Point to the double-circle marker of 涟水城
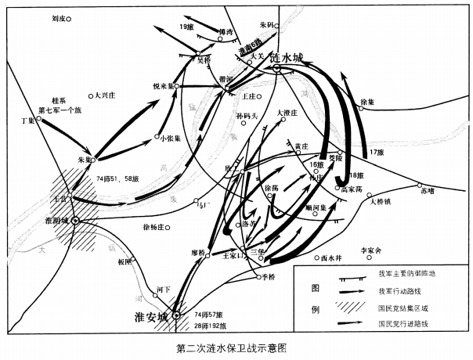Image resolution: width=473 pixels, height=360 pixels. pos(277,69)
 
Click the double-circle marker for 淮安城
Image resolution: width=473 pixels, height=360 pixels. pos(177,315)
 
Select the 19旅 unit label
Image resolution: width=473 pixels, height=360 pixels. pos(186,27)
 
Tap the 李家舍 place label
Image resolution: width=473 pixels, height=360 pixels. pos(370,250)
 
